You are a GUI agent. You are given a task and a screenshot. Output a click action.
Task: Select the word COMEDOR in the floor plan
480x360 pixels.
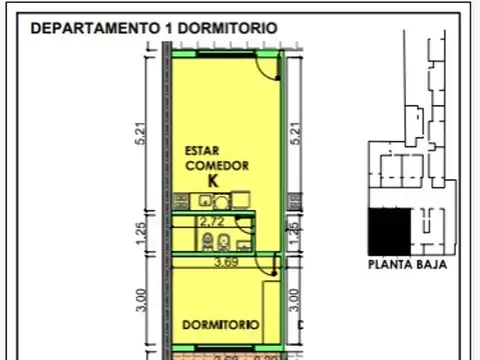coord(216,165)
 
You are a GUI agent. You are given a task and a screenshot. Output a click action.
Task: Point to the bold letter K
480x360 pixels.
coord(212,181)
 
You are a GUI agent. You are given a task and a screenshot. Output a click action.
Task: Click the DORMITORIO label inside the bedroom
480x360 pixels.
coord(221,325)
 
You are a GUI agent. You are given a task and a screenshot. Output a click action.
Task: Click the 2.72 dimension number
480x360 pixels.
coord(210,220)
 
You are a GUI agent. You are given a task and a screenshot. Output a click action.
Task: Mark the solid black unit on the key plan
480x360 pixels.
coord(389,231)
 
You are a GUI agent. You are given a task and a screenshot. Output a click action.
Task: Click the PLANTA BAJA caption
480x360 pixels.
coord(406,266)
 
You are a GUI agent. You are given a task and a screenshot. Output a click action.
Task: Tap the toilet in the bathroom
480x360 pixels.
coord(225,241)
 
